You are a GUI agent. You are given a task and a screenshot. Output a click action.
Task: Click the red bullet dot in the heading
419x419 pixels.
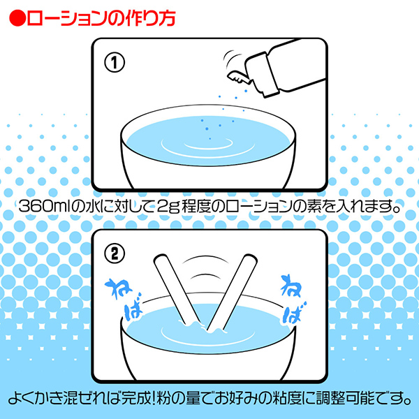17,18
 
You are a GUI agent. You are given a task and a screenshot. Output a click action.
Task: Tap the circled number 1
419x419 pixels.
115,63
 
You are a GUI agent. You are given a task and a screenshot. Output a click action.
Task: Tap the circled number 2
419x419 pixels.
115,253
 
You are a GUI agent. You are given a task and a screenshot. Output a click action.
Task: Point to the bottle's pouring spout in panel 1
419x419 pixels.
239,77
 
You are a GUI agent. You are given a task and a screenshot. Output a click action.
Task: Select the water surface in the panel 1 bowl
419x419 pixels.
208,140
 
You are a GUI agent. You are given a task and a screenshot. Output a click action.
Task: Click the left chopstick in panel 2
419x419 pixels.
177,291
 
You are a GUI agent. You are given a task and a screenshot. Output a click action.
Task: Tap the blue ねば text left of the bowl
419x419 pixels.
124,299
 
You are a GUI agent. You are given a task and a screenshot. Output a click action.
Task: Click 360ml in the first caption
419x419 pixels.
45,206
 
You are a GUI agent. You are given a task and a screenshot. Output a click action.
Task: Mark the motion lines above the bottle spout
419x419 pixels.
230,59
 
